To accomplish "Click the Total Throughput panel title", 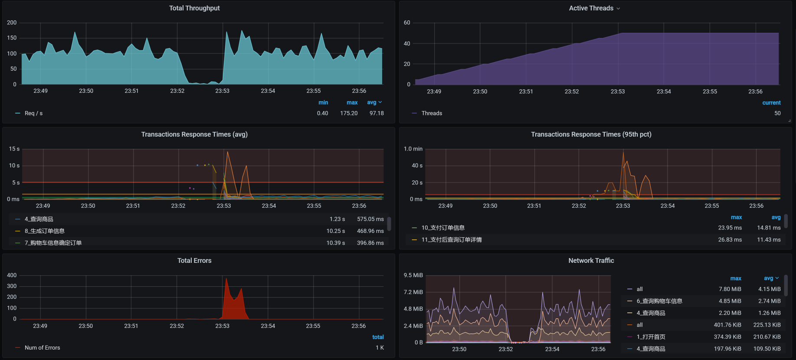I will [194, 8].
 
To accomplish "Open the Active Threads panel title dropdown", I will [618, 9].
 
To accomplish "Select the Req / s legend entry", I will [33, 113].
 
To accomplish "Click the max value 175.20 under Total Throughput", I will [349, 113].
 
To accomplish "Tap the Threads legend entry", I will [432, 113].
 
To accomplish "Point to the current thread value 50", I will [777, 113].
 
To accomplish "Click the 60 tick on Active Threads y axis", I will [407, 23].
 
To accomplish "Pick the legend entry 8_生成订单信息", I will [45, 231].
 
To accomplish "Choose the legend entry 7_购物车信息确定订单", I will [53, 243].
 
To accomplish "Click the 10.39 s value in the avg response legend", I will [336, 243].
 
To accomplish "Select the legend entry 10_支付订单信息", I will [443, 228].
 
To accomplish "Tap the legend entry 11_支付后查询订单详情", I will [452, 240].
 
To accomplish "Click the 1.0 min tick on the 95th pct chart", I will [413, 149].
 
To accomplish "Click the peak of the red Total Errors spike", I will [226, 279].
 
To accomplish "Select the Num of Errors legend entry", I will [42, 348].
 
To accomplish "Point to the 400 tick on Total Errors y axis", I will [12, 275].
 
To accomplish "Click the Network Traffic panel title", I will [591, 261].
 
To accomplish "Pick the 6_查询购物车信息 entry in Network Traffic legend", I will [659, 301].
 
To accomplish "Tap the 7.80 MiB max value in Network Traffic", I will [730, 289].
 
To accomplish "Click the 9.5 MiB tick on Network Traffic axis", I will [413, 275].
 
